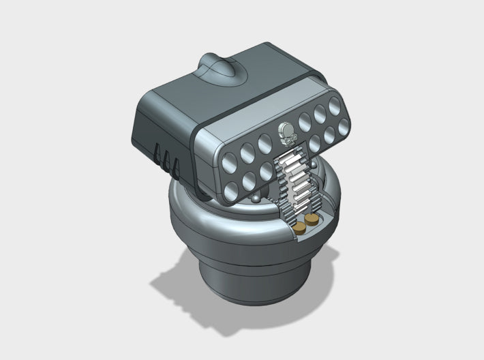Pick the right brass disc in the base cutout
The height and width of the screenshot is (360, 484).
(x=312, y=220)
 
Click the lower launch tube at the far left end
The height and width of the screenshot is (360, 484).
(x=232, y=184)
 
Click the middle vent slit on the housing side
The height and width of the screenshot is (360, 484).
(x=166, y=158)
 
